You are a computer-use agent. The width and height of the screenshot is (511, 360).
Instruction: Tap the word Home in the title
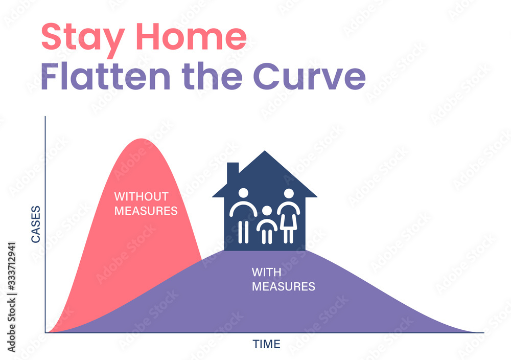pyautogui.click(x=191, y=36)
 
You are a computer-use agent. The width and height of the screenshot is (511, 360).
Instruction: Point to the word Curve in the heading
pyautogui.click(x=309, y=76)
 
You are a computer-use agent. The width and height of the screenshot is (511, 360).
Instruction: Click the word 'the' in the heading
pyautogui.click(x=212, y=76)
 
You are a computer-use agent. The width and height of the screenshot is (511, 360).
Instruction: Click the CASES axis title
pyautogui.click(x=36, y=224)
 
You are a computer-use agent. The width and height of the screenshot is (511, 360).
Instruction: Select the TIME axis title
pyautogui.click(x=266, y=344)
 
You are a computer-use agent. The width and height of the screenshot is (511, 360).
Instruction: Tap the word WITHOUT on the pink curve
pyautogui.click(x=141, y=196)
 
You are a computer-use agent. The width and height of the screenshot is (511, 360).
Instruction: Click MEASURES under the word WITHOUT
pyautogui.click(x=146, y=211)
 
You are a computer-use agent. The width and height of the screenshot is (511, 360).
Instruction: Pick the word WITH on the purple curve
pyautogui.click(x=266, y=272)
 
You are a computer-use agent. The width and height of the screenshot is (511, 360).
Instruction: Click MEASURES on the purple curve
pyautogui.click(x=284, y=286)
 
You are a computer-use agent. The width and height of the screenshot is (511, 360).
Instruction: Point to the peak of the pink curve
pyautogui.click(x=141, y=139)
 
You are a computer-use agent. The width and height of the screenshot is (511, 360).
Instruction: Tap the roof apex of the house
pyautogui.click(x=265, y=151)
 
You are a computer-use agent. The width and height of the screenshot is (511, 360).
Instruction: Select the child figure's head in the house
pyautogui.click(x=267, y=211)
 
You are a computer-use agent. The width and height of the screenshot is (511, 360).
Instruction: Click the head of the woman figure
pyautogui.click(x=289, y=193)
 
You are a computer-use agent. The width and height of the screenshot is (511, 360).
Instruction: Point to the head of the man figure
pyautogui.click(x=243, y=193)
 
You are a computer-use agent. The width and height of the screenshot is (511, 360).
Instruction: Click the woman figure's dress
pyautogui.click(x=289, y=221)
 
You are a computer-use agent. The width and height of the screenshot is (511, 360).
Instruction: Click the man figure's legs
pyautogui.click(x=243, y=232)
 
